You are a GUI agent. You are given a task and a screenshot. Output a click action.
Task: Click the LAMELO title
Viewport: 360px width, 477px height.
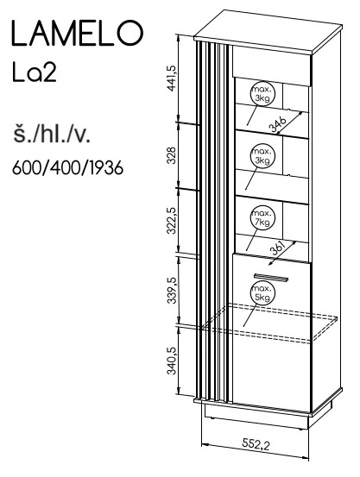77,34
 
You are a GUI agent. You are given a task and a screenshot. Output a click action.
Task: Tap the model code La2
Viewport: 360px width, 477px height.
35,72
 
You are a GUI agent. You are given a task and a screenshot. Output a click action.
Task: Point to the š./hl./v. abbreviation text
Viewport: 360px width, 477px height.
52,135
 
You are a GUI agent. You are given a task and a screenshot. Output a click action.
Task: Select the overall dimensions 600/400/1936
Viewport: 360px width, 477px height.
67,167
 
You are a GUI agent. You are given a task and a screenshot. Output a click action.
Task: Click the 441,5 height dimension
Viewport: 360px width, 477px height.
172,78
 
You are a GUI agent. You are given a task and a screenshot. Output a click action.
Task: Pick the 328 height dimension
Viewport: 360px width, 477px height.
172,155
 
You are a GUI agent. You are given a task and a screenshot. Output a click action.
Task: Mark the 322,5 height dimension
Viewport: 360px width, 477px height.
172,221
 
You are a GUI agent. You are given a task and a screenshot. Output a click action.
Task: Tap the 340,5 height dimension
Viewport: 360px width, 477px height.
172,361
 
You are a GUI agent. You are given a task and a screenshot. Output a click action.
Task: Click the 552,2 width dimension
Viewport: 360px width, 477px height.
256,444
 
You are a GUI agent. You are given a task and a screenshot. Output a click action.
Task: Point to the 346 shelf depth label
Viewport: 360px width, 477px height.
277,124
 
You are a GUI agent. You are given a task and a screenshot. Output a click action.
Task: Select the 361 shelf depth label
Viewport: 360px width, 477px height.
277,249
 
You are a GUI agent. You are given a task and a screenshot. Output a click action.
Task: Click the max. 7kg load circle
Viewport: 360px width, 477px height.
262,218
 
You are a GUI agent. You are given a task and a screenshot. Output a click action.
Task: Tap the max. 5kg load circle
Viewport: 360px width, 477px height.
262,293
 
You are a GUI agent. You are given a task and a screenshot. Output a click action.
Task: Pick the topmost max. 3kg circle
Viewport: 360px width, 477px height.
262,94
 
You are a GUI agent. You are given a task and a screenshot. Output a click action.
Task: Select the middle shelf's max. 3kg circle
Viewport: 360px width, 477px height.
262,156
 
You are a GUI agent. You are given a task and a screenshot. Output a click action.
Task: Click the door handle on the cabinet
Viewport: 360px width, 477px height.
270,277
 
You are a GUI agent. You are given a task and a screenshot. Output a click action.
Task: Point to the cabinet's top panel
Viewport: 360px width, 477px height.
268,31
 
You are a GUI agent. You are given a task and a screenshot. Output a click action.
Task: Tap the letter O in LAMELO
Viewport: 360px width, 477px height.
130,34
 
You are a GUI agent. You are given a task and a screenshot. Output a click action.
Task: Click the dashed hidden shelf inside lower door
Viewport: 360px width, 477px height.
269,323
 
